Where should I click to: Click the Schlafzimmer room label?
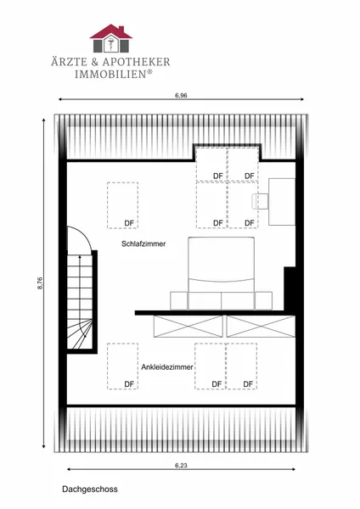(143, 243)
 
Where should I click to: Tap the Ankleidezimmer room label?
(167, 367)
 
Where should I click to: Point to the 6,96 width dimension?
(181, 95)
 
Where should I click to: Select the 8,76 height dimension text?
(40, 282)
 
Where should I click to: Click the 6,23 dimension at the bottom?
(181, 465)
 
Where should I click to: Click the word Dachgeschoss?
(90, 489)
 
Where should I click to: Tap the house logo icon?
(110, 38)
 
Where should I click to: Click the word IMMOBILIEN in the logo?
(110, 74)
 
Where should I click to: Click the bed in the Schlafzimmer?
(221, 273)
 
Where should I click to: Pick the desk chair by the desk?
(260, 202)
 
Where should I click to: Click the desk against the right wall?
(282, 202)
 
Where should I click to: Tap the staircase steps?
(80, 302)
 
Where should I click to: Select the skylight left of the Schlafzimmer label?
(122, 205)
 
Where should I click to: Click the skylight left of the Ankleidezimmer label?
(122, 366)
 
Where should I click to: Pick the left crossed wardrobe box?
(188, 327)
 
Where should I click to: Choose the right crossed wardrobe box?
(261, 327)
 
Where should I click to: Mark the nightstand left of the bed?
(179, 300)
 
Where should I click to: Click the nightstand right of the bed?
(263, 300)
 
